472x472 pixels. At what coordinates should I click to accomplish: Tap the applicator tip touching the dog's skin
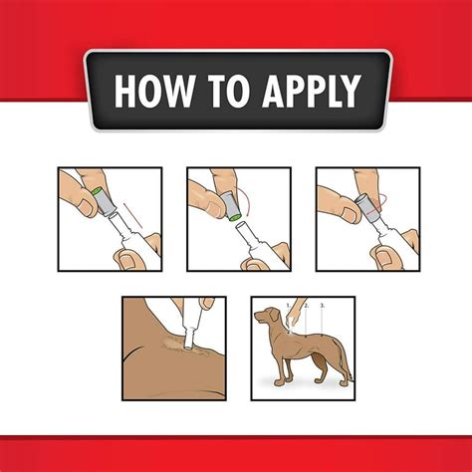[186, 345]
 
